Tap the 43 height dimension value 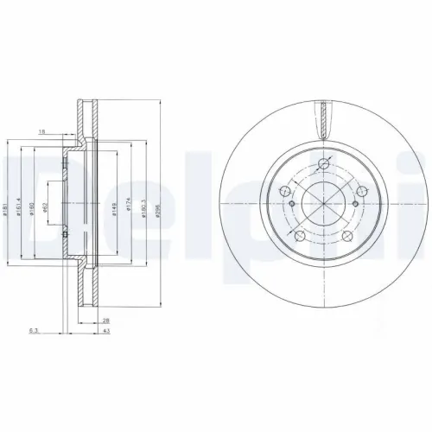pyautogui.click(x=105, y=330)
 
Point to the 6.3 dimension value pyautogui.click(x=33, y=330)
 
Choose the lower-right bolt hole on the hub pyautogui.click(x=346, y=235)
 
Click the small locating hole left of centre pyautogui.click(x=293, y=205)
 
